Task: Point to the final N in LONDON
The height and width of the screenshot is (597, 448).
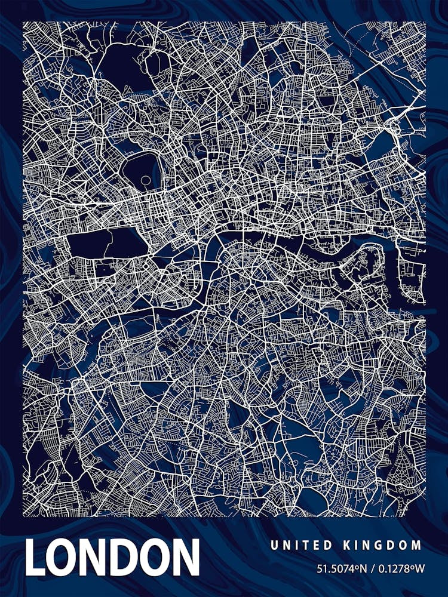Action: pyautogui.click(x=183, y=557)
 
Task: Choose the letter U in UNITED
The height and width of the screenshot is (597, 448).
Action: pyautogui.click(x=274, y=544)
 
